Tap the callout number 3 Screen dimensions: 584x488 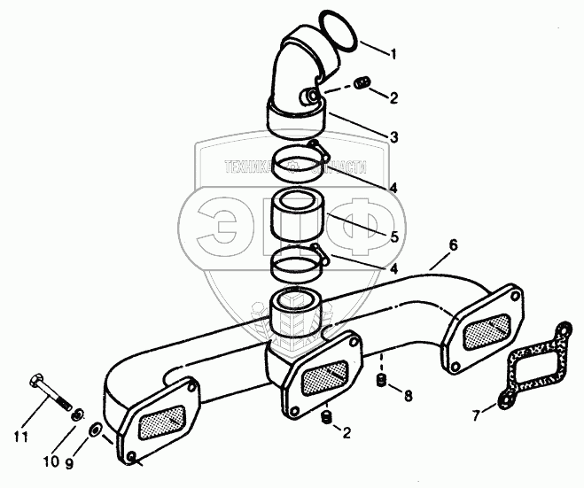[x=393, y=137]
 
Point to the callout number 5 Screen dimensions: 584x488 [x=394, y=237]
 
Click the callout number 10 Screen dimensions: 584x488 [x=53, y=460]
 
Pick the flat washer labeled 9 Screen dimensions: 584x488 [x=94, y=430]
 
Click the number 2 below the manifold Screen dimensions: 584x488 [x=346, y=433]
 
